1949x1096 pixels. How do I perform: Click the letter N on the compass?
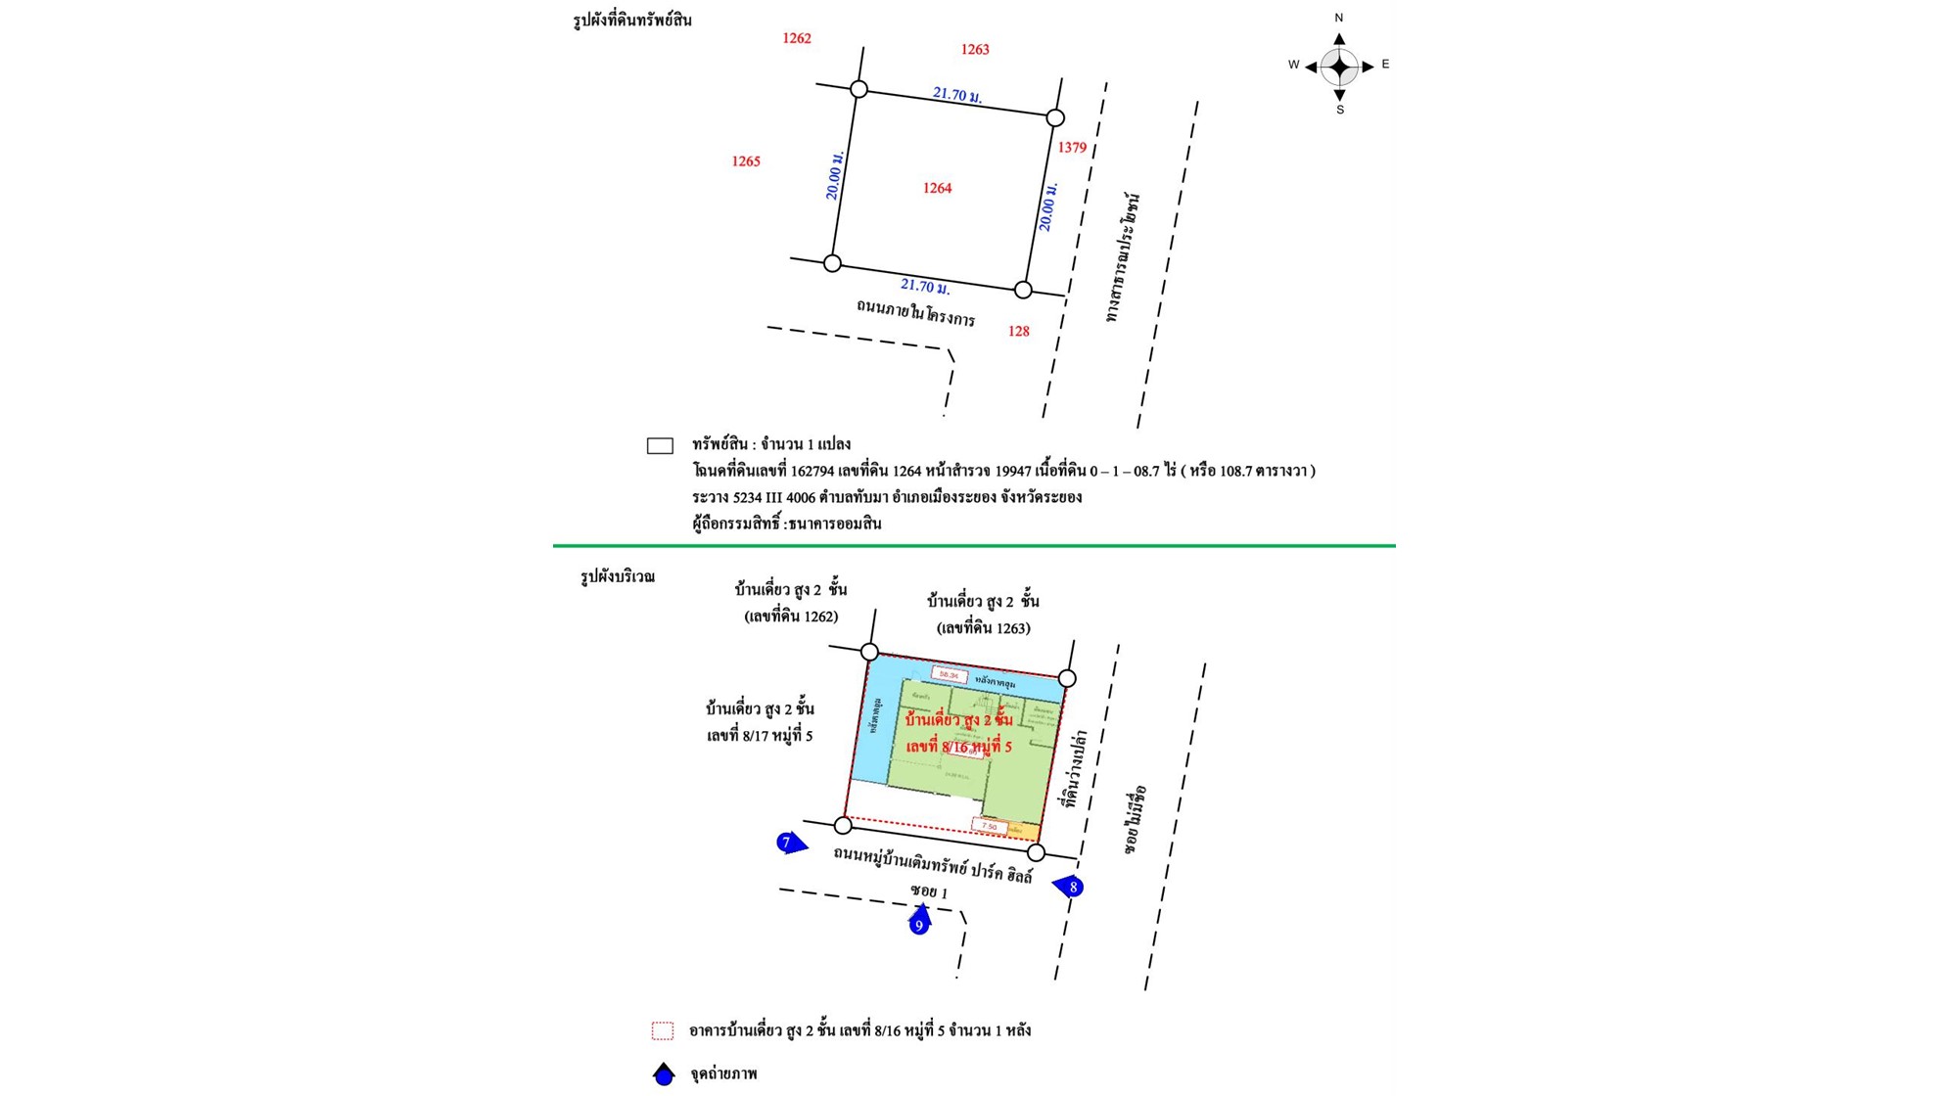tap(1338, 18)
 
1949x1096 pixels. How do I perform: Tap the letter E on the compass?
tap(1385, 65)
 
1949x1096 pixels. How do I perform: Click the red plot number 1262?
tap(796, 38)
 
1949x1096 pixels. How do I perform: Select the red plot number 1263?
tap(974, 49)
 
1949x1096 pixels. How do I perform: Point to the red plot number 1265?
tap(745, 161)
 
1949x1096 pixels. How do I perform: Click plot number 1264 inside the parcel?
tap(937, 188)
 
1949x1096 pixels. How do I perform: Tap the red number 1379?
tap(1072, 148)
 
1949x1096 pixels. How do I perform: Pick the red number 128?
tap(1018, 331)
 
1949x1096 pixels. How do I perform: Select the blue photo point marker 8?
tap(1070, 887)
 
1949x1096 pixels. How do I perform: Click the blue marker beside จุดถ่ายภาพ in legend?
tap(664, 1074)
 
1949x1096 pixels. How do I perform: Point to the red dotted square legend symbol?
tap(663, 1030)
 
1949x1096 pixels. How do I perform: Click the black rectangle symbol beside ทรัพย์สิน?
tap(660, 446)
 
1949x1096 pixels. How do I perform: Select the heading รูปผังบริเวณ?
tap(617, 576)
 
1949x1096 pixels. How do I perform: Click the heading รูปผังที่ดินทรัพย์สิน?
tap(631, 20)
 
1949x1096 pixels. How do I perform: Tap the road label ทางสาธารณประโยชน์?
tap(1123, 257)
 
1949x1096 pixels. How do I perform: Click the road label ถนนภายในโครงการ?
tap(915, 312)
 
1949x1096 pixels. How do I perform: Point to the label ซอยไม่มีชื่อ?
tap(1136, 819)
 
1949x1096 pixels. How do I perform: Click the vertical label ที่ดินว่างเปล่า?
tap(1076, 767)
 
